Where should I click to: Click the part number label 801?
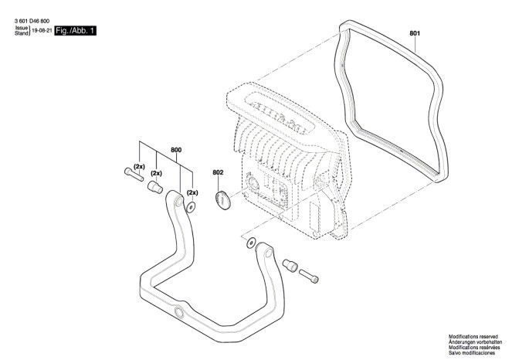(415, 33)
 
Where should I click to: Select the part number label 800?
(176, 150)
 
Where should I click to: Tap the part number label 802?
(218, 172)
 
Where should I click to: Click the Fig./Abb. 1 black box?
(76, 31)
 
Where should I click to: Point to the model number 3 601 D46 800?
(32, 21)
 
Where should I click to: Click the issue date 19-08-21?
(42, 31)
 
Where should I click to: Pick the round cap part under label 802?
(223, 200)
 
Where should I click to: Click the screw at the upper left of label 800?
(134, 175)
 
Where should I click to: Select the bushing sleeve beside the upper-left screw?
(155, 187)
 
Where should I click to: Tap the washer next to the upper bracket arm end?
(191, 206)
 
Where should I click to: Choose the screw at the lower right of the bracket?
(309, 276)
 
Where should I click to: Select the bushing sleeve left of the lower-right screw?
(290, 265)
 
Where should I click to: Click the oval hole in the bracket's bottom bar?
(179, 311)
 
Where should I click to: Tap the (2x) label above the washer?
(192, 192)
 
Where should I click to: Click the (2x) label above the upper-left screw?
(139, 167)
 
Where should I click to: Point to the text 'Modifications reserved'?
(473, 337)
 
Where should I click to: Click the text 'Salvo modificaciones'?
(472, 353)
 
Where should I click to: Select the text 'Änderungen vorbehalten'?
(475, 342)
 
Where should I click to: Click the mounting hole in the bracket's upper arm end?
(179, 201)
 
